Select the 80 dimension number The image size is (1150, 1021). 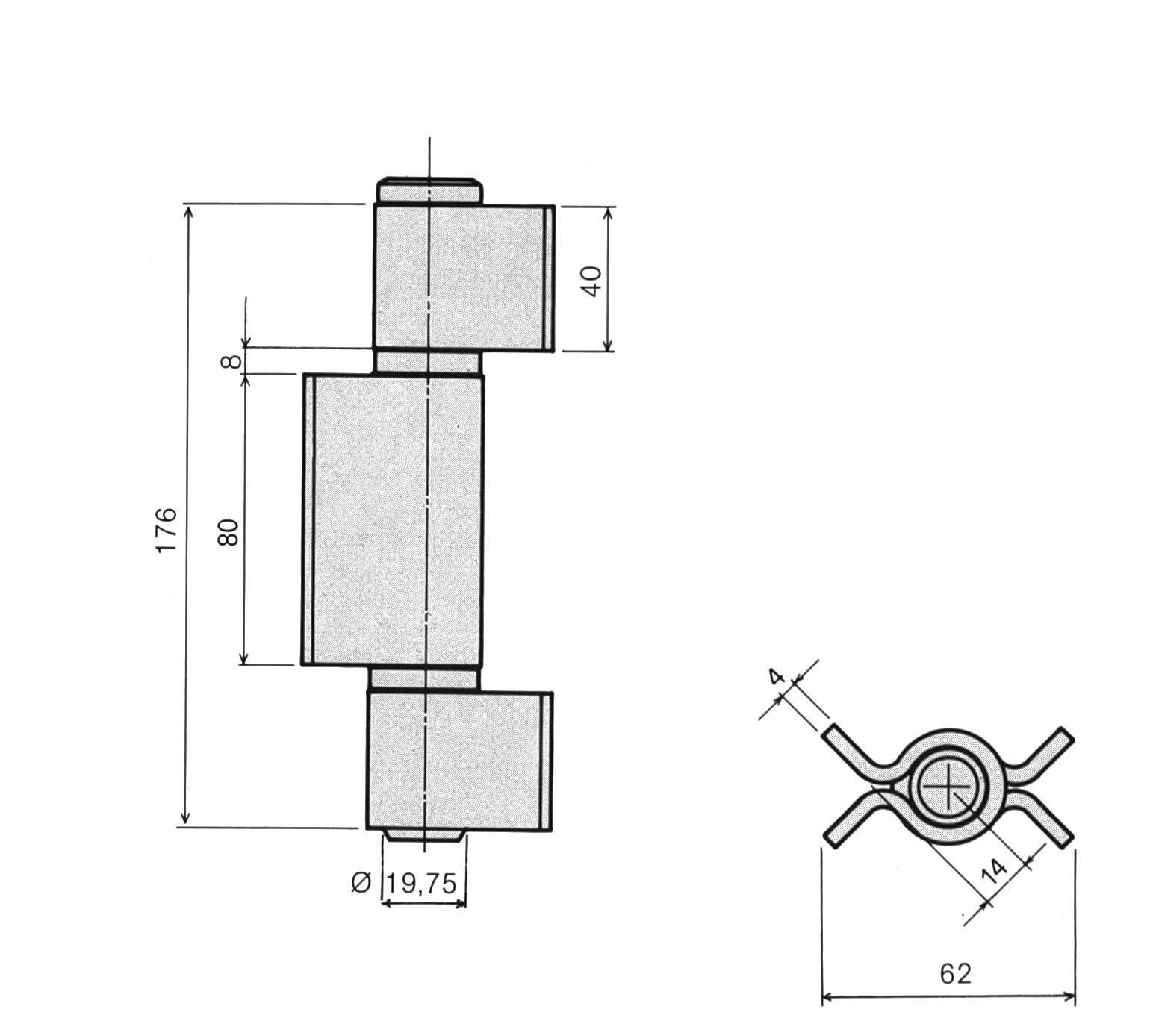click(x=229, y=531)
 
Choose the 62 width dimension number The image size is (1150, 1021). click(x=955, y=973)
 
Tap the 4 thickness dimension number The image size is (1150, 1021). click(x=776, y=676)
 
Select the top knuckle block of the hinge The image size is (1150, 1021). click(x=463, y=278)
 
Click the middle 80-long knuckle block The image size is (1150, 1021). click(x=394, y=519)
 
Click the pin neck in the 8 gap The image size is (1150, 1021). click(x=427, y=361)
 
